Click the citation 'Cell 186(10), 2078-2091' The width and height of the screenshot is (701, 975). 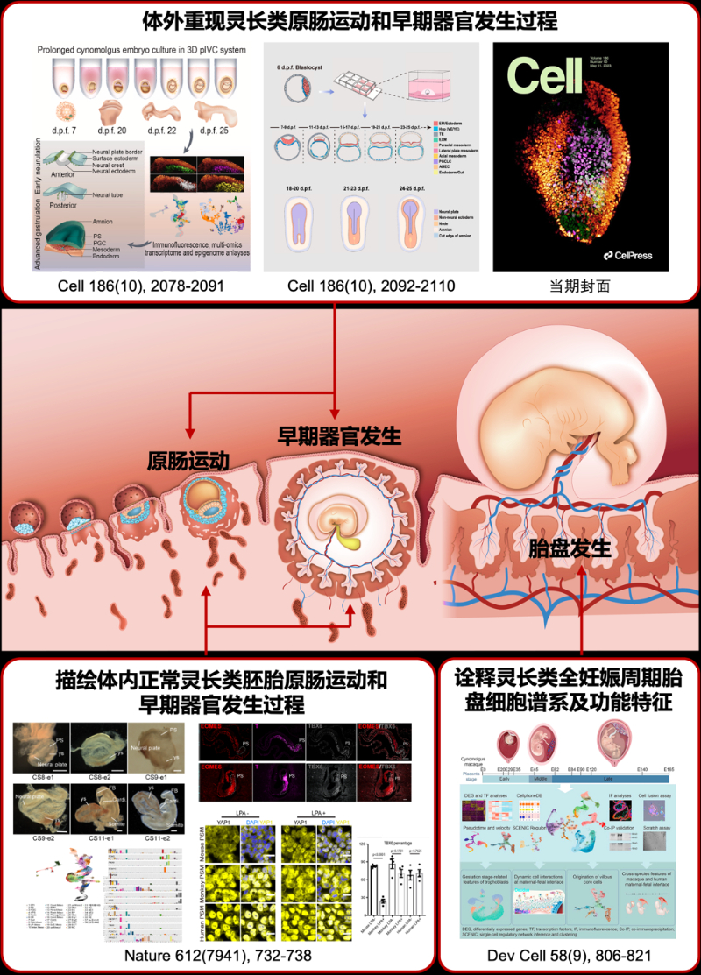click(x=133, y=287)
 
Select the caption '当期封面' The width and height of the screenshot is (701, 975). click(x=580, y=287)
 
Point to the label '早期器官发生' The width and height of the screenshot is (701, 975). click(x=339, y=434)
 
